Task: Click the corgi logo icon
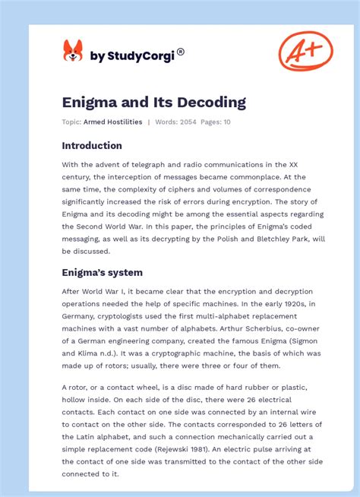click(x=73, y=52)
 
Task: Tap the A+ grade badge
click(x=305, y=52)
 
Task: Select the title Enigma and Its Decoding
click(x=153, y=102)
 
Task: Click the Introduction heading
click(x=92, y=145)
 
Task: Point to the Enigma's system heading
click(x=103, y=272)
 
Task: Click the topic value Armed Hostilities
click(x=114, y=122)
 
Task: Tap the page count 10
click(x=226, y=122)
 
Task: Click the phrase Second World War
click(x=100, y=226)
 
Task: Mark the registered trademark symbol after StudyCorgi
click(x=180, y=52)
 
